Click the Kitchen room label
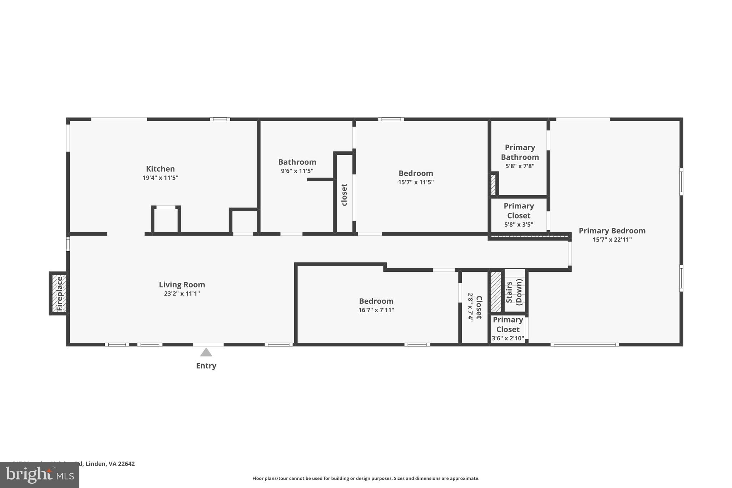coord(160,169)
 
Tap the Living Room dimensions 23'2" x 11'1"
coord(182,294)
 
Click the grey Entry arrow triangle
coord(206,353)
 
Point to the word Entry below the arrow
coord(206,366)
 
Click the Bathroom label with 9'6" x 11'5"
coord(297,162)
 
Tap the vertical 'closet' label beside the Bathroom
coord(344,195)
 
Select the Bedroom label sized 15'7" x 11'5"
coord(416,173)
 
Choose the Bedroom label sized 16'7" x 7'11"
coord(376,301)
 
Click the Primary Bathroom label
coord(520,152)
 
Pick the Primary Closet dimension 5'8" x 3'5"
coord(519,225)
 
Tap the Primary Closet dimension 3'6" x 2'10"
coord(508,338)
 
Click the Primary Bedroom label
coord(612,231)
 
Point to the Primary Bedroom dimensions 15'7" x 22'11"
coord(612,240)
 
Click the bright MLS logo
coord(39,475)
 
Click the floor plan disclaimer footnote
coord(366,478)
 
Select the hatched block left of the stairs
coord(495,291)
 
